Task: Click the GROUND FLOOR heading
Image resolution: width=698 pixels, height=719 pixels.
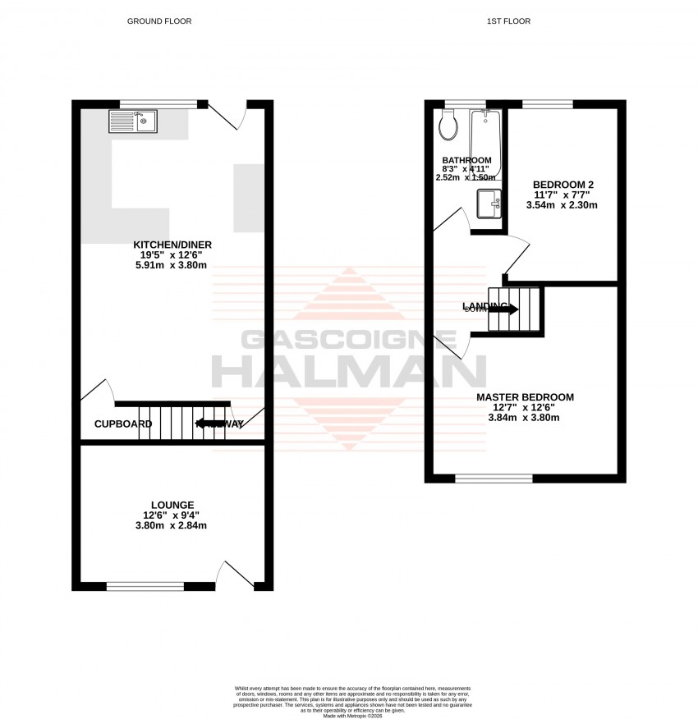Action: click(x=158, y=21)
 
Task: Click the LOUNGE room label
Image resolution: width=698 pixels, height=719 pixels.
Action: click(x=172, y=505)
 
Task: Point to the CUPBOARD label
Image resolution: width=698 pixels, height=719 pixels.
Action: click(x=123, y=424)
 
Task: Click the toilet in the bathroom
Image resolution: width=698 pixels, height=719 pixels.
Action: click(x=448, y=125)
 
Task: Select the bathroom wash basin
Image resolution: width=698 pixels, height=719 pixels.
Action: click(x=489, y=204)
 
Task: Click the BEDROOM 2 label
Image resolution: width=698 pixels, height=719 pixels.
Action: click(x=563, y=184)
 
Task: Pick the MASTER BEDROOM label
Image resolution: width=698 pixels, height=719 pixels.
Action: click(x=525, y=397)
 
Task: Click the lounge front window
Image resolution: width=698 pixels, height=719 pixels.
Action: click(x=145, y=586)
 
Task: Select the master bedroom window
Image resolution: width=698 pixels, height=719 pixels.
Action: click(x=494, y=478)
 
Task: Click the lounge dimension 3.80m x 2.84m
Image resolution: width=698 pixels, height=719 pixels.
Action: click(x=172, y=526)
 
